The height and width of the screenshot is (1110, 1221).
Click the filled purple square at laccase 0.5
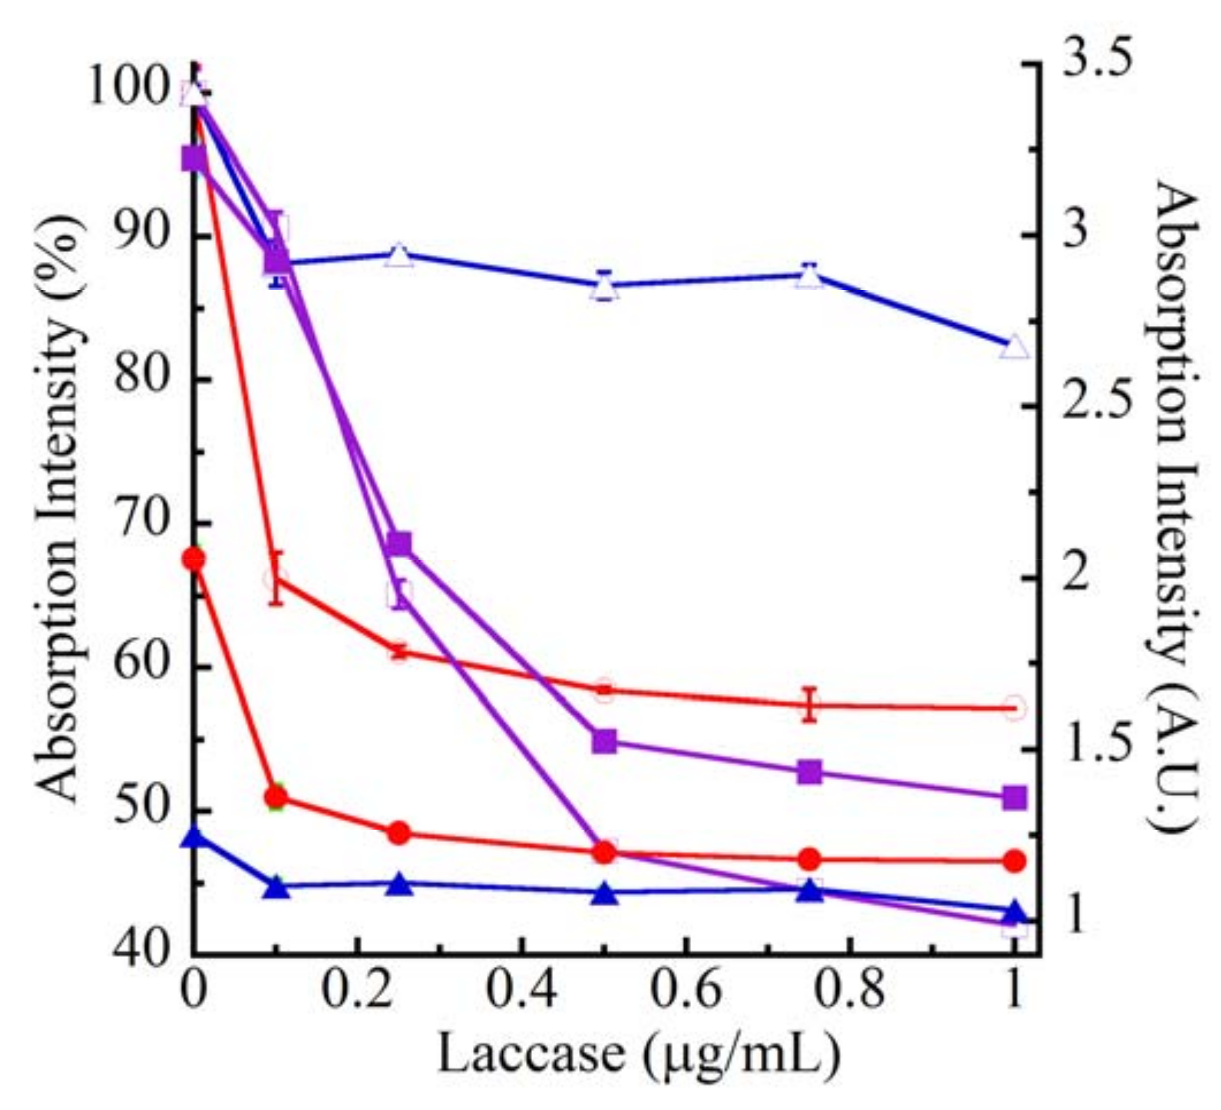tap(604, 741)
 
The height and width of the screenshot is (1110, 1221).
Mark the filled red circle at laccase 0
tap(194, 558)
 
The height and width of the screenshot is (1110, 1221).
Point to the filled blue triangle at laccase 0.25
tap(399, 885)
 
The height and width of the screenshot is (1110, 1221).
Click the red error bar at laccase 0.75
tap(810, 704)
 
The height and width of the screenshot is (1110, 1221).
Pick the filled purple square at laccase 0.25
tap(399, 543)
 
